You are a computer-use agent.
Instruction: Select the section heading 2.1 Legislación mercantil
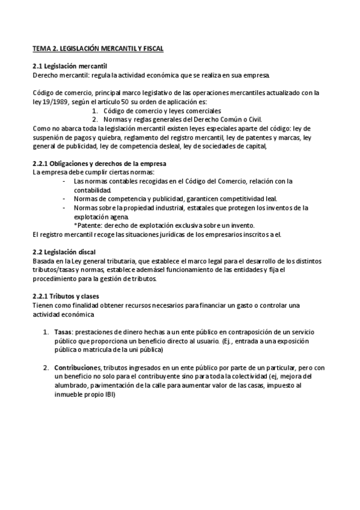(70, 66)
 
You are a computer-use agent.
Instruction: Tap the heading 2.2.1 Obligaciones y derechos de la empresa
(99, 164)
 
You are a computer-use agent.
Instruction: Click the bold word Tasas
(63, 332)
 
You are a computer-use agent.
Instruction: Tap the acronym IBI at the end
(108, 395)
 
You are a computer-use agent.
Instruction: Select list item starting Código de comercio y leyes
(162, 111)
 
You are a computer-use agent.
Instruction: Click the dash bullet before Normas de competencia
(65, 199)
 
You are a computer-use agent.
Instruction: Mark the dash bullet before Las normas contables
(65, 181)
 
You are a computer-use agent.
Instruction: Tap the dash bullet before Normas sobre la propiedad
(65, 208)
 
